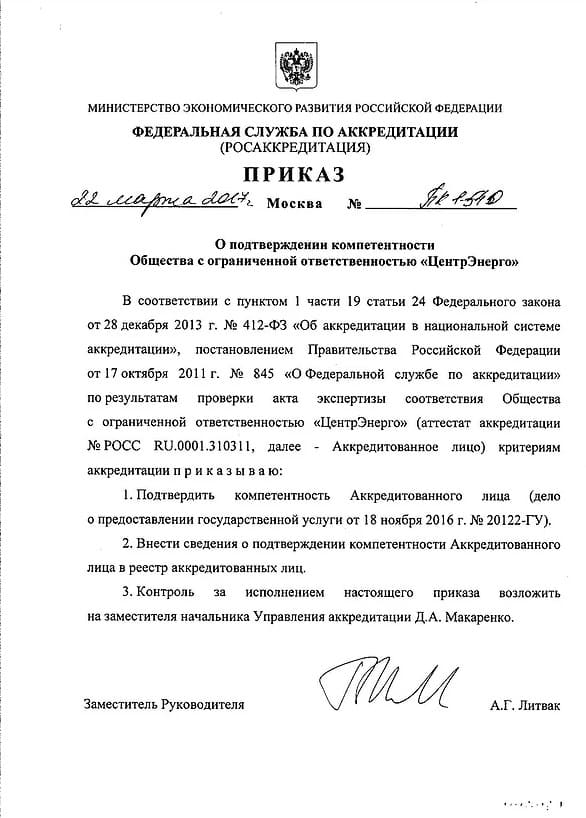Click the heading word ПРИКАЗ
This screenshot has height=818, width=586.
[293, 175]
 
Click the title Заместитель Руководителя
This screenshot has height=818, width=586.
[165, 704]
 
